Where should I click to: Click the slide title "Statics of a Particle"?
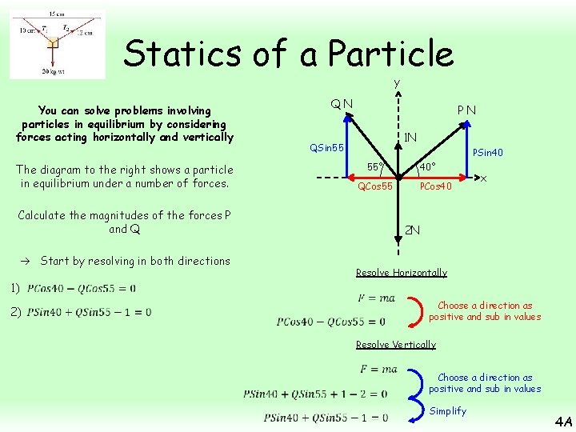(288, 54)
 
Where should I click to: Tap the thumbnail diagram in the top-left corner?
(57, 44)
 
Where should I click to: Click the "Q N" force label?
(343, 103)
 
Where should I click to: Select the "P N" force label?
(466, 110)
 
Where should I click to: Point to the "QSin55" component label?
(327, 147)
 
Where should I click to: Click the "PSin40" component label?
(488, 152)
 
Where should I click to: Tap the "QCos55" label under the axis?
(374, 186)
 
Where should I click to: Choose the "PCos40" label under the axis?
(436, 186)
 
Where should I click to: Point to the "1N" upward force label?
(410, 137)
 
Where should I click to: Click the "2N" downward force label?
(412, 230)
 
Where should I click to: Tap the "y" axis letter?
(397, 83)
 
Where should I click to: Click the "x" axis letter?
(484, 178)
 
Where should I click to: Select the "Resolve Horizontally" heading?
(401, 273)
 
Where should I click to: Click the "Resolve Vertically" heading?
(395, 345)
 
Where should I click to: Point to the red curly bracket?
(413, 311)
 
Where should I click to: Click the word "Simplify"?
(448, 411)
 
